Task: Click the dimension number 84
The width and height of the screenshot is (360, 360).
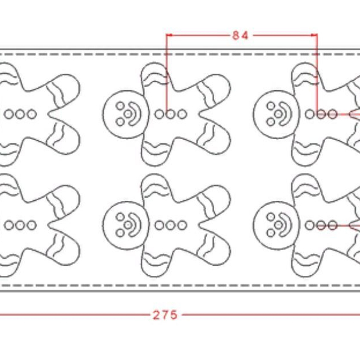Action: (241, 35)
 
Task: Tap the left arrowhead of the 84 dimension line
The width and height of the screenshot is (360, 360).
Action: (169, 35)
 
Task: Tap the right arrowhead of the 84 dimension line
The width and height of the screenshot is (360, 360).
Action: (315, 35)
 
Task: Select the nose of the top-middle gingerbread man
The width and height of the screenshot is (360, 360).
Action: (128, 114)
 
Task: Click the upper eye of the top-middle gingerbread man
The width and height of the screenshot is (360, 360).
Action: (120, 106)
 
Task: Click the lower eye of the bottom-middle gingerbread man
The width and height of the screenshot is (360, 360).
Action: (120, 233)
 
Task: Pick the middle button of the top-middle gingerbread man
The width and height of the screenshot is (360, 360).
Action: (170, 114)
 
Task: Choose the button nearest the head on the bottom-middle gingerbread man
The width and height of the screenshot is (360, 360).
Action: (159, 225)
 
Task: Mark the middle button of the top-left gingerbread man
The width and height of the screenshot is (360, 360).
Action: (20, 114)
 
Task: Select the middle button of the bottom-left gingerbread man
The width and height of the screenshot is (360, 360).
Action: (20, 225)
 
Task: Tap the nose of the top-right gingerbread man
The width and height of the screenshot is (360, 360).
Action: (279, 114)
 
